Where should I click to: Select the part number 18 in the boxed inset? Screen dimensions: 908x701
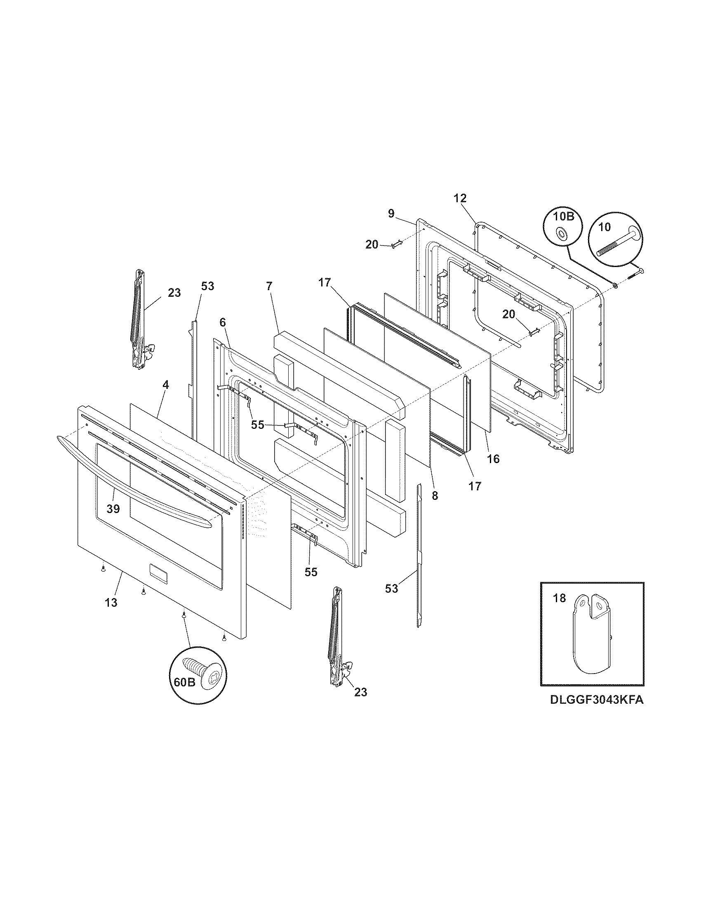pyautogui.click(x=560, y=598)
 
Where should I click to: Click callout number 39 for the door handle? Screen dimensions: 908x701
pyautogui.click(x=113, y=508)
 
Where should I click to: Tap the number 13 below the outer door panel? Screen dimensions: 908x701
pyautogui.click(x=111, y=603)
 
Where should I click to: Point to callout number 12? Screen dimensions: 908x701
pyautogui.click(x=460, y=198)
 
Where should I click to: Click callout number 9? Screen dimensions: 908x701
pyautogui.click(x=391, y=214)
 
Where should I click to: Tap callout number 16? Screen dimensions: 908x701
pyautogui.click(x=493, y=459)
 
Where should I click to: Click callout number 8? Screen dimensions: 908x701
pyautogui.click(x=435, y=496)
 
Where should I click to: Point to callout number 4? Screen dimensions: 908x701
pyautogui.click(x=165, y=385)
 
